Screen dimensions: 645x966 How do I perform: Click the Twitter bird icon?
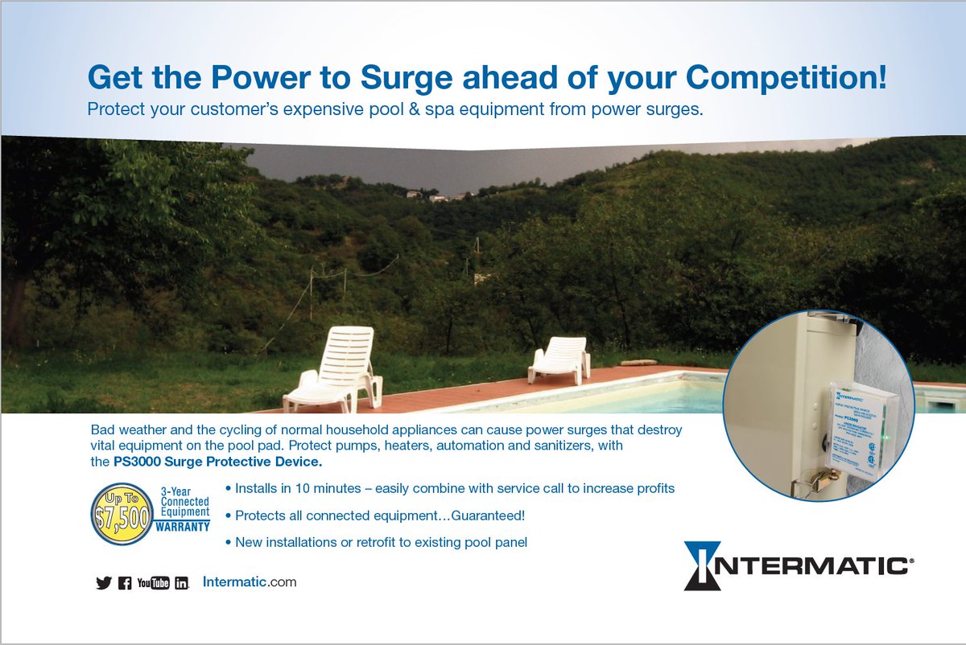(103, 583)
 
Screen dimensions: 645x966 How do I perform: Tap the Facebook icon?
(125, 583)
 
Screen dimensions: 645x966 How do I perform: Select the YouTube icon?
(154, 583)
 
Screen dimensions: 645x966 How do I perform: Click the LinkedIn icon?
(182, 583)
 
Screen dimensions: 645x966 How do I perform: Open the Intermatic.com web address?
(250, 581)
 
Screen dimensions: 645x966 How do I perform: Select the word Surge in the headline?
(406, 79)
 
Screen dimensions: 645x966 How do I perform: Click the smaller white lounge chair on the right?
(559, 359)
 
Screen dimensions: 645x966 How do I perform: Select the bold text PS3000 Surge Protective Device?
(217, 462)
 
